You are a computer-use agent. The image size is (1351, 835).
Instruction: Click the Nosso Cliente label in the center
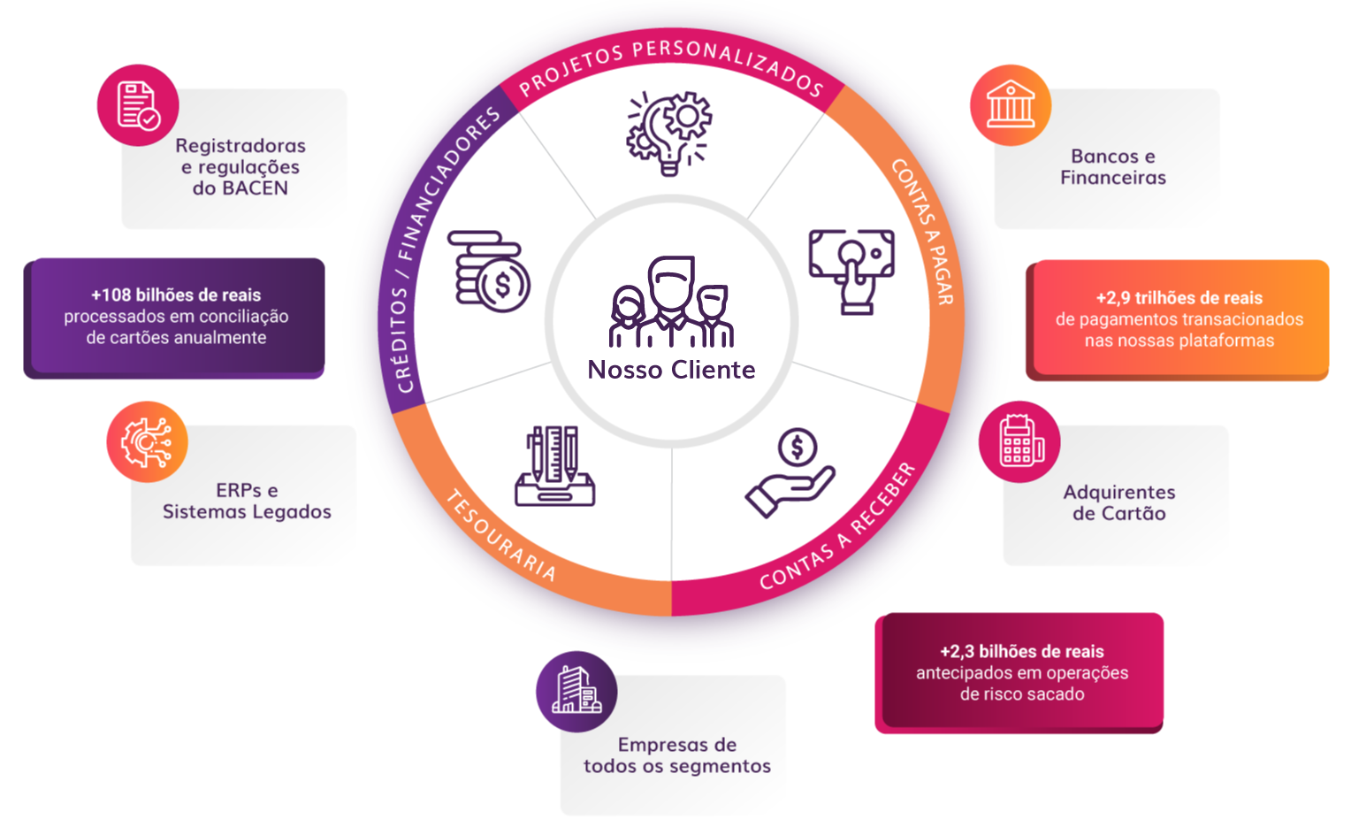671,370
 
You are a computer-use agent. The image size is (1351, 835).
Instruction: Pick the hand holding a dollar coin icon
791,472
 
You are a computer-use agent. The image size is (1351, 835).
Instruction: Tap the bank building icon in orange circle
1010,104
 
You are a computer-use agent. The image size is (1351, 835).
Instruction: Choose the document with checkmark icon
138,105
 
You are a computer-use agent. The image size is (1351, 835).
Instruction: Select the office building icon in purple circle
576,691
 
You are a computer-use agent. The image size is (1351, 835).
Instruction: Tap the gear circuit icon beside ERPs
147,441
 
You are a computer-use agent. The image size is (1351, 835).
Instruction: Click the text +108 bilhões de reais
176,295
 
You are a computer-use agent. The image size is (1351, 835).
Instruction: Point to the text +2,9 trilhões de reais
1179,298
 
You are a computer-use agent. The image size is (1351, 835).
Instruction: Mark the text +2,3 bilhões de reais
1021,652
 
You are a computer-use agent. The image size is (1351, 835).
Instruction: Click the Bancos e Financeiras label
1112,167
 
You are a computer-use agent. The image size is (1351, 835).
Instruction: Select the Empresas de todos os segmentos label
676,755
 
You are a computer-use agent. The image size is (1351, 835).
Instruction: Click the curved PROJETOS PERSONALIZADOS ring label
670,65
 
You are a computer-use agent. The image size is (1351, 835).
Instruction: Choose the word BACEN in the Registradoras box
254,188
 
